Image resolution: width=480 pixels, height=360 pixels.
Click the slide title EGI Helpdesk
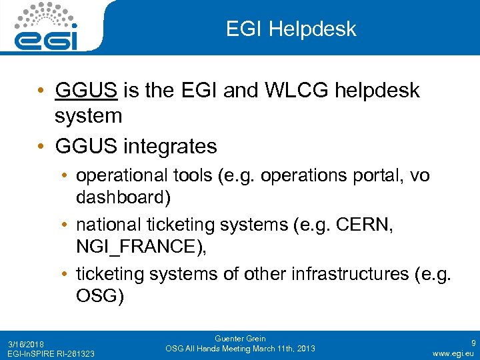coord(291,29)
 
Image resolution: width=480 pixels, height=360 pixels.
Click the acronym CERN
coord(368,225)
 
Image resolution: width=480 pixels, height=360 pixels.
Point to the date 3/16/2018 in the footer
coord(26,344)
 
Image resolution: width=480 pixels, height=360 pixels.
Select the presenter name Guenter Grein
coord(241,339)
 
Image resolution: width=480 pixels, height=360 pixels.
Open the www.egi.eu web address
coord(453,353)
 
